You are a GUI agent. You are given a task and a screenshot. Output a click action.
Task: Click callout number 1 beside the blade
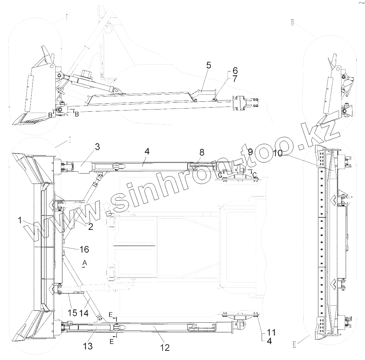pyautogui.click(x=20, y=221)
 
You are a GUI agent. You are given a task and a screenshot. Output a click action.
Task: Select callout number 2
pyautogui.click(x=90, y=227)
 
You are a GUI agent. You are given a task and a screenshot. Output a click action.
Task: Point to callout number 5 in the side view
pyautogui.click(x=209, y=66)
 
